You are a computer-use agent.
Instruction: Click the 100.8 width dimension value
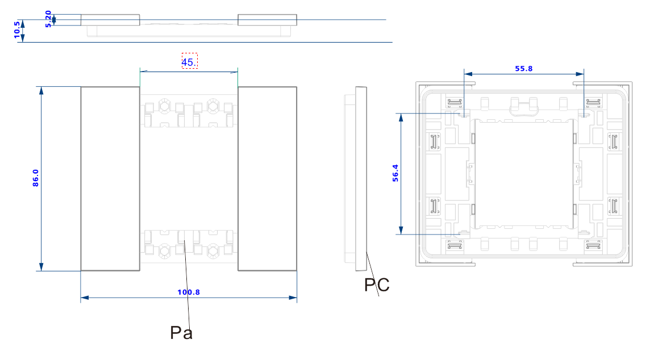point(189,292)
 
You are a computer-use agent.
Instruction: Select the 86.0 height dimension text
point(36,178)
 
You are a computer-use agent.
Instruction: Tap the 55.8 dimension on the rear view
point(524,69)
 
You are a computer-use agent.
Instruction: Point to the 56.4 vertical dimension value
point(396,173)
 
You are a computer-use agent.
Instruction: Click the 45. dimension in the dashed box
point(189,62)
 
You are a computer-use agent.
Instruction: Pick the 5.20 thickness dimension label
point(49,19)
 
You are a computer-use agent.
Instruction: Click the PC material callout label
point(377,285)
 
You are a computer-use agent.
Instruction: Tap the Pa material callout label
point(181,333)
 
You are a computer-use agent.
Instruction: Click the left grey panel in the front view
point(110,178)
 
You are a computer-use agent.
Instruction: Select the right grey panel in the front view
point(267,178)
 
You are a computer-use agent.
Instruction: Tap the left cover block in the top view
point(110,20)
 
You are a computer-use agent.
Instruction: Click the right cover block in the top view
point(267,20)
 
